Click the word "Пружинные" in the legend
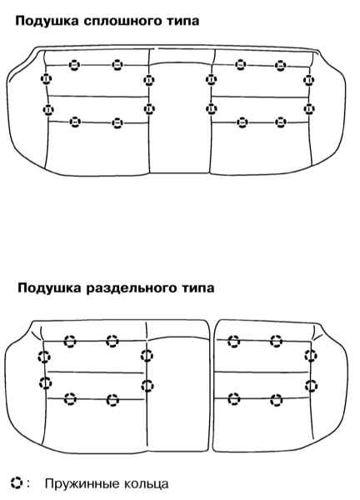[82, 484]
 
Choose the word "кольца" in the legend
[146, 484]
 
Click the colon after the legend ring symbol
[28, 484]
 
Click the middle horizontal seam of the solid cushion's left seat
[97, 96]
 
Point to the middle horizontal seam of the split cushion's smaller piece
[262, 372]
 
